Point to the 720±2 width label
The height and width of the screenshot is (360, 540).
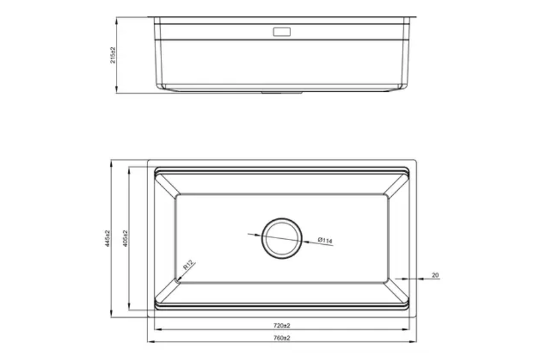click(x=282, y=325)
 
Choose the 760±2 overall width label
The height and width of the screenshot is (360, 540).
click(x=282, y=338)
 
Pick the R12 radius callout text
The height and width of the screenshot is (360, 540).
click(x=188, y=266)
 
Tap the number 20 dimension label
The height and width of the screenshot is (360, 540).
click(x=435, y=275)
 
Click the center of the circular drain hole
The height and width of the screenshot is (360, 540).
click(x=280, y=237)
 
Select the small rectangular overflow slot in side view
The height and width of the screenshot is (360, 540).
click(x=281, y=32)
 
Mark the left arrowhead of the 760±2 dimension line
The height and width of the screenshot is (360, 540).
click(x=150, y=342)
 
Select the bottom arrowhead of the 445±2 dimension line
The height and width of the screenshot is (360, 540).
click(x=112, y=315)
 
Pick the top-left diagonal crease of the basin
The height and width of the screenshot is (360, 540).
click(x=166, y=184)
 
